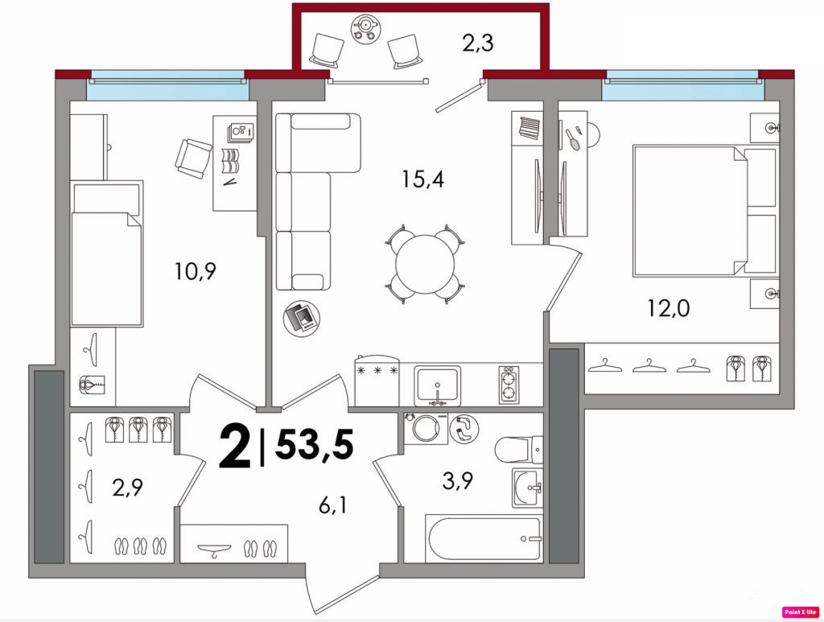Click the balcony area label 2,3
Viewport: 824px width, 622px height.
(x=478, y=43)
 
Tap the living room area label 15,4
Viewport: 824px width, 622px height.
(x=422, y=179)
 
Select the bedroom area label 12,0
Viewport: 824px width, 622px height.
(x=669, y=308)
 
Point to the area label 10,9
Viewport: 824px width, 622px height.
(x=196, y=271)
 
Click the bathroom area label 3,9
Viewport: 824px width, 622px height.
(x=457, y=480)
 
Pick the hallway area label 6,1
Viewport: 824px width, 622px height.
(x=332, y=506)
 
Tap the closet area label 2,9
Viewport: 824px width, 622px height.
(x=127, y=488)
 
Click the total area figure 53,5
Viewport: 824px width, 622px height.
(x=315, y=444)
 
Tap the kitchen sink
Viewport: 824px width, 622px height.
(x=437, y=386)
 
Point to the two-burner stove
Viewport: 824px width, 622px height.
(x=509, y=385)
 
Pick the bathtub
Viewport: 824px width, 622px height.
(x=484, y=539)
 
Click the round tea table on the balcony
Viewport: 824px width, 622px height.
(x=365, y=27)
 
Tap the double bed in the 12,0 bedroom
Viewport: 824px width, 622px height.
(x=705, y=211)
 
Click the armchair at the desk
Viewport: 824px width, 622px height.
(x=193, y=159)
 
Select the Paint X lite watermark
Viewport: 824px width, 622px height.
(x=801, y=612)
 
